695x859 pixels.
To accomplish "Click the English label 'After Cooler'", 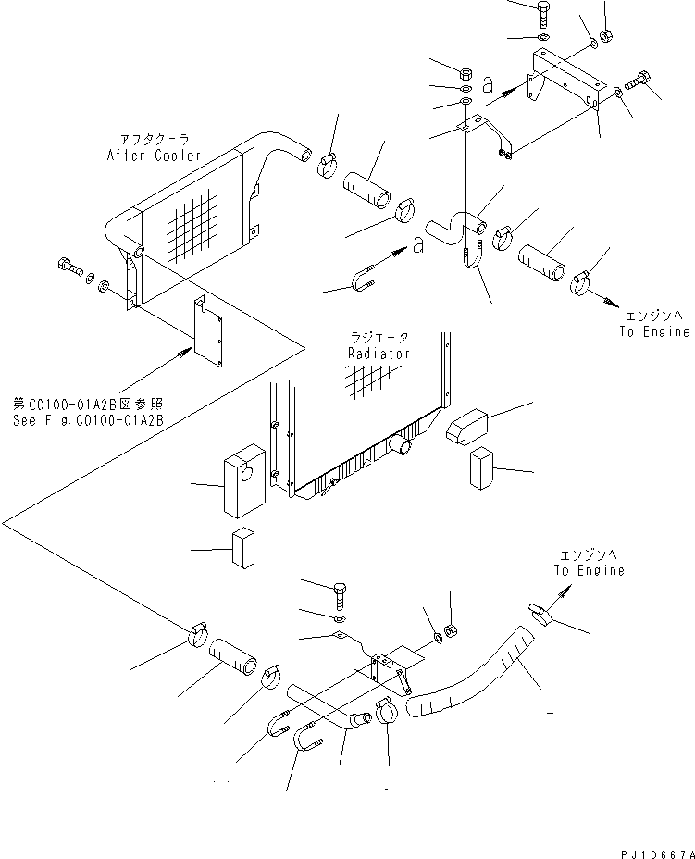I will tap(153, 156).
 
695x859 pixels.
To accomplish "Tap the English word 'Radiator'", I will tap(379, 354).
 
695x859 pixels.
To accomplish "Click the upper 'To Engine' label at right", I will tap(654, 331).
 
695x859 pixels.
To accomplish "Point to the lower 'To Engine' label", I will tap(589, 570).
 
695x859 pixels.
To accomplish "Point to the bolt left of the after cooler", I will tap(69, 269).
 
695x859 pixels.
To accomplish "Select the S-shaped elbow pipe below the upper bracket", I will tap(455, 223).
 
